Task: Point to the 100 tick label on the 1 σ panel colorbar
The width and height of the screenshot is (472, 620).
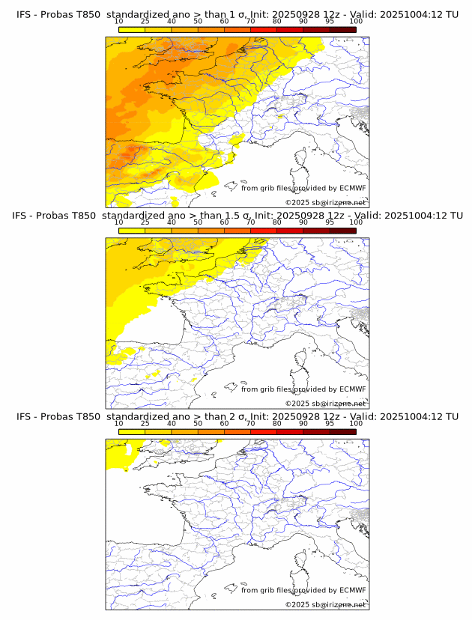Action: [356, 22]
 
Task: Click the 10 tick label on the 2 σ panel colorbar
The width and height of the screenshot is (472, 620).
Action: [118, 423]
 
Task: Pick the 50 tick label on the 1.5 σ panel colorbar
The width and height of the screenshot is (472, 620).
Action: [198, 222]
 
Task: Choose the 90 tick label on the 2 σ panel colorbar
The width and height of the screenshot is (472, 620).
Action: [303, 423]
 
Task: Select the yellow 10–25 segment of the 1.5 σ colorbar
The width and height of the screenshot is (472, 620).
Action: [131, 230]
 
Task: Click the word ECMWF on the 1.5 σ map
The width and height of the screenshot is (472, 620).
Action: [352, 389]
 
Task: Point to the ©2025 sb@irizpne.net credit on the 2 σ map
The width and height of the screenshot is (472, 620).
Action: [325, 604]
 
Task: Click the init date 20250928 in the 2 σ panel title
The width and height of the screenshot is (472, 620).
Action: [283, 416]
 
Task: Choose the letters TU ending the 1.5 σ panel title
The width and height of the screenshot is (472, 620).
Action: [452, 216]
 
